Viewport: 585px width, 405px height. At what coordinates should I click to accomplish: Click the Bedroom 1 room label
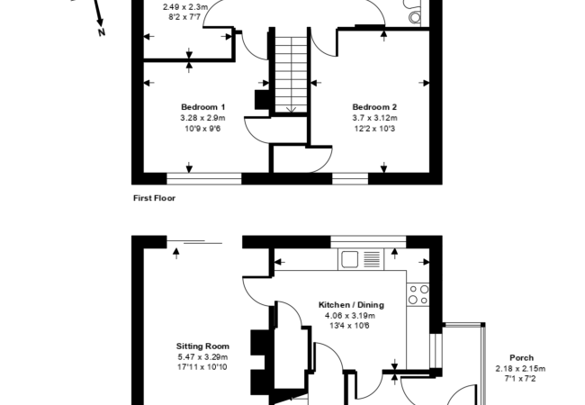tap(203, 107)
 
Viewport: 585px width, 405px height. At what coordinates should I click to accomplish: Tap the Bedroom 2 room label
tap(374, 107)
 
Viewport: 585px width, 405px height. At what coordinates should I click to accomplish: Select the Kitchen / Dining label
tap(351, 305)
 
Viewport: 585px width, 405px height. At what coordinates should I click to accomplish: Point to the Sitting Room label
tap(202, 346)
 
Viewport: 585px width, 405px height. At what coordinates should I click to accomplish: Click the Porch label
tap(521, 357)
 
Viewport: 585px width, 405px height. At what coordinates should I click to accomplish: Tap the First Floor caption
tap(154, 198)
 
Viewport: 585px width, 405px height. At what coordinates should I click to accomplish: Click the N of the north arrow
tap(102, 32)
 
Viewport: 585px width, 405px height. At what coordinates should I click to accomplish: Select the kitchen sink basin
tap(350, 259)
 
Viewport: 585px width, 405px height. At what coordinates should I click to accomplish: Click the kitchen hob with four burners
tap(418, 294)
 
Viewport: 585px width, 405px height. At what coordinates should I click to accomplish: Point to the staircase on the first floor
tap(291, 72)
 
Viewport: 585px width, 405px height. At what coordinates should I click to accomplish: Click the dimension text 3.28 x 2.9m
tap(203, 118)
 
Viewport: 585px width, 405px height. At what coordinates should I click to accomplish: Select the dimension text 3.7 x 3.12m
tap(374, 118)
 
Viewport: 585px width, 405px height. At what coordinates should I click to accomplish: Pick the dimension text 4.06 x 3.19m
tap(350, 316)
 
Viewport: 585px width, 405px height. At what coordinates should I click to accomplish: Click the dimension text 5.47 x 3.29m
tap(202, 357)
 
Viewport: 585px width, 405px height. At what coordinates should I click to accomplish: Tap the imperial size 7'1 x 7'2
tap(520, 379)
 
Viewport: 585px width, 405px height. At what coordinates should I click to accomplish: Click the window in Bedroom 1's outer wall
tap(204, 178)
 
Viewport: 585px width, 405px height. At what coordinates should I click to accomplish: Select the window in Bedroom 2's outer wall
tap(350, 178)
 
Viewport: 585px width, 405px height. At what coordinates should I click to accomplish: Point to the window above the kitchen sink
tap(368, 242)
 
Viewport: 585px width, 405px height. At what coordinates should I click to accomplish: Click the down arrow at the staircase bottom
tap(291, 109)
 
